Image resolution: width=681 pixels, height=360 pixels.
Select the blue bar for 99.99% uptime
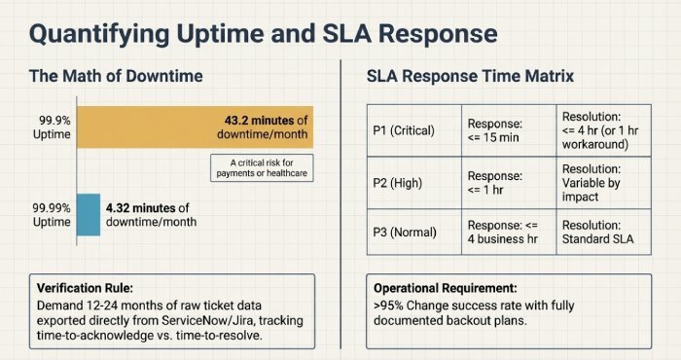click(x=88, y=213)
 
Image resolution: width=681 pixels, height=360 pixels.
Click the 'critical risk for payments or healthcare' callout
click(x=261, y=167)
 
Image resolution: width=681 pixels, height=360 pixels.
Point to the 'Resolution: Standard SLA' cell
click(x=603, y=233)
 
